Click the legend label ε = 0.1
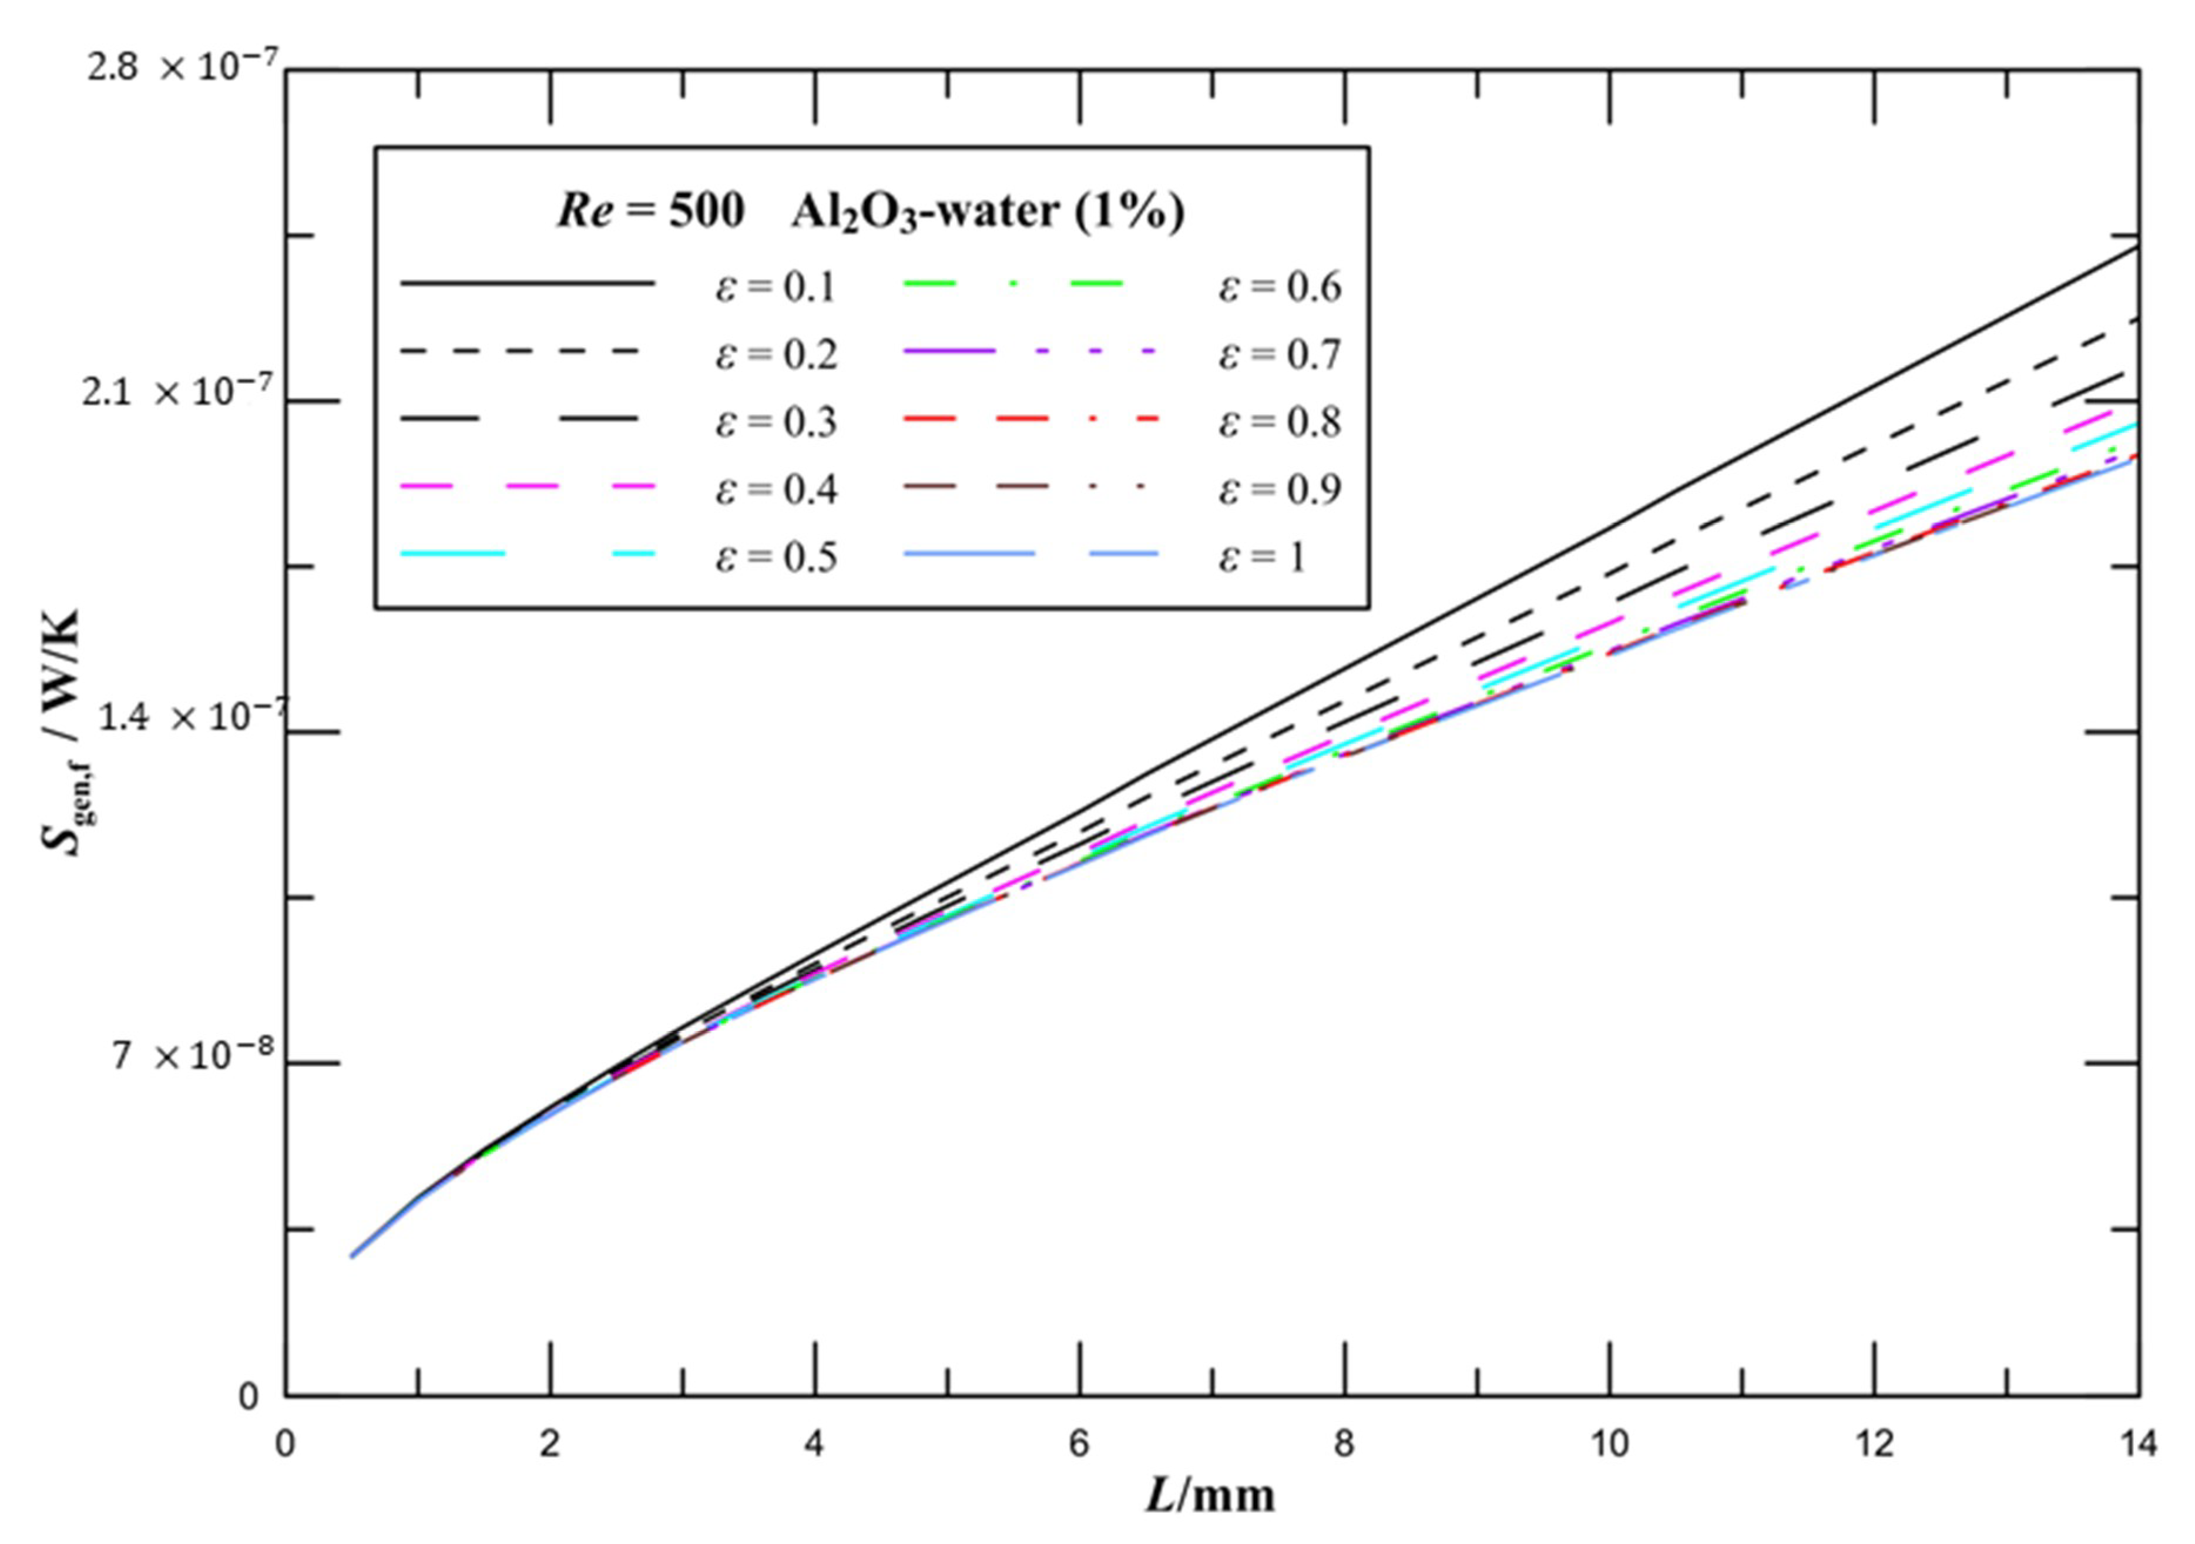coord(776,287)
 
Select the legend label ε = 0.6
coord(1279,287)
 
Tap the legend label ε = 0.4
coord(776,489)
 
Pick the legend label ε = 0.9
coord(1279,489)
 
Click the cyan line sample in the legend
coord(528,553)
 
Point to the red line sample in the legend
coord(1031,419)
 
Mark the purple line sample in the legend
coord(1031,352)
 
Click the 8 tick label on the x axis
coord(1344,1444)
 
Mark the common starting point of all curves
coord(352,1256)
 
